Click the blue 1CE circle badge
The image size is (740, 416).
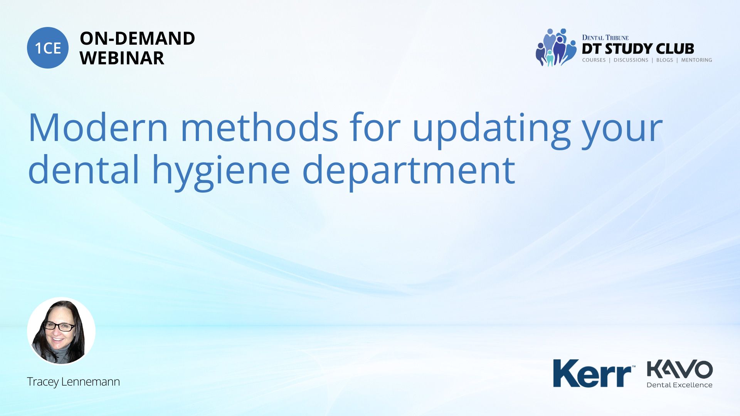coord(48,48)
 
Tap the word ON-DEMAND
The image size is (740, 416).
coord(137,39)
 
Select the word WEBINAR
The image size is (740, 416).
coord(122,58)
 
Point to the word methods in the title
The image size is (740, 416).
coord(259,127)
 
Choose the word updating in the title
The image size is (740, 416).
coord(491,130)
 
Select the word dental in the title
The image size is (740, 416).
coord(84,169)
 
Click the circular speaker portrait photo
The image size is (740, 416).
coord(61,331)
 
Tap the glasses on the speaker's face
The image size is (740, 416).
coord(59,327)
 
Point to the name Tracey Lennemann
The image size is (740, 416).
coord(73,382)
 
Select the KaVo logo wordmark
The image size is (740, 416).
coord(680,370)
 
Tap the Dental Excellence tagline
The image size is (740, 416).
coord(679,385)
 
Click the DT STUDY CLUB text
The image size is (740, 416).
coord(638,49)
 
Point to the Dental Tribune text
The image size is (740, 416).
coord(605,37)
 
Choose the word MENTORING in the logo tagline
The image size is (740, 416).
coord(696,60)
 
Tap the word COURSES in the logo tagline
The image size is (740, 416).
coord(594,60)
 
